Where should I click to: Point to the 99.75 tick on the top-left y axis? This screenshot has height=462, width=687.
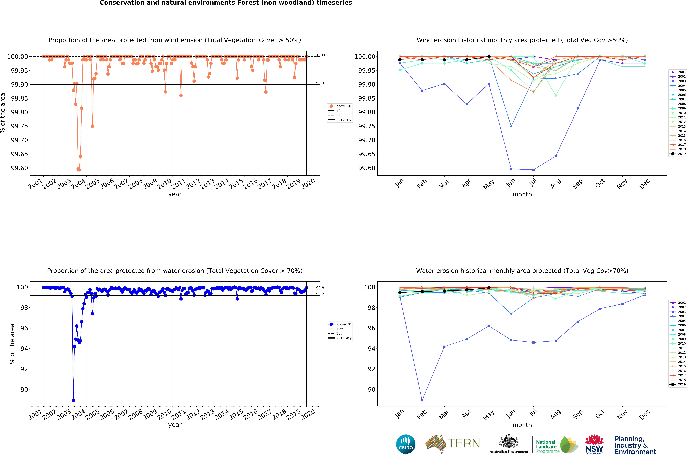19,126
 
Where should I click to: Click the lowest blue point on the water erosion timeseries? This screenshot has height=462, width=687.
73,400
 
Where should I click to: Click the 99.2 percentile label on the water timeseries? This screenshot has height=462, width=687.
320,294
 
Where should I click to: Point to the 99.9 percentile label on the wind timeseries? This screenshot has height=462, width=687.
320,83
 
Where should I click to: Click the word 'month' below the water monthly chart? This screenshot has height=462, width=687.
522,425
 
